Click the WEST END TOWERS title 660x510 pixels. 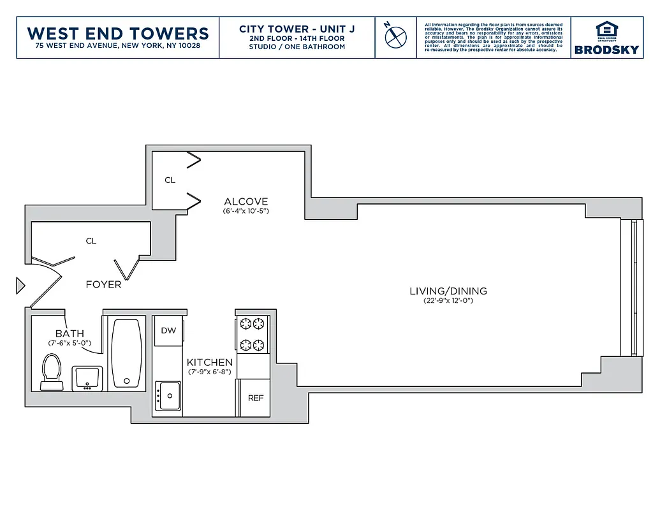tap(118, 33)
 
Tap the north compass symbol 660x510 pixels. tap(395, 36)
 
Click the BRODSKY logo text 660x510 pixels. tap(606, 50)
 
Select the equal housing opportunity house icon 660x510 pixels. tap(606, 30)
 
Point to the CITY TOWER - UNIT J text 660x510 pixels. tap(297, 29)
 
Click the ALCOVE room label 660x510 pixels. tap(246, 201)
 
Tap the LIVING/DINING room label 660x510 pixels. tap(448, 291)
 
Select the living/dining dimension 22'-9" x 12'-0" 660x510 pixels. tap(448, 302)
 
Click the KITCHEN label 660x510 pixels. tap(209, 362)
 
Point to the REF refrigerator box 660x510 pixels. tap(255, 398)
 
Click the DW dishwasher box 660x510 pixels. tap(168, 330)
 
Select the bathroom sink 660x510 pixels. tap(87, 378)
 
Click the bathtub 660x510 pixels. tap(126, 353)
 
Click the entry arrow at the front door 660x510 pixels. tap(20, 286)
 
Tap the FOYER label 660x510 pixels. tap(103, 284)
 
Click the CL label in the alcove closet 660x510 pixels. tap(170, 180)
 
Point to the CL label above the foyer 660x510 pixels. tap(91, 241)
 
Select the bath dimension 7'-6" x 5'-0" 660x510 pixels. tap(69, 343)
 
